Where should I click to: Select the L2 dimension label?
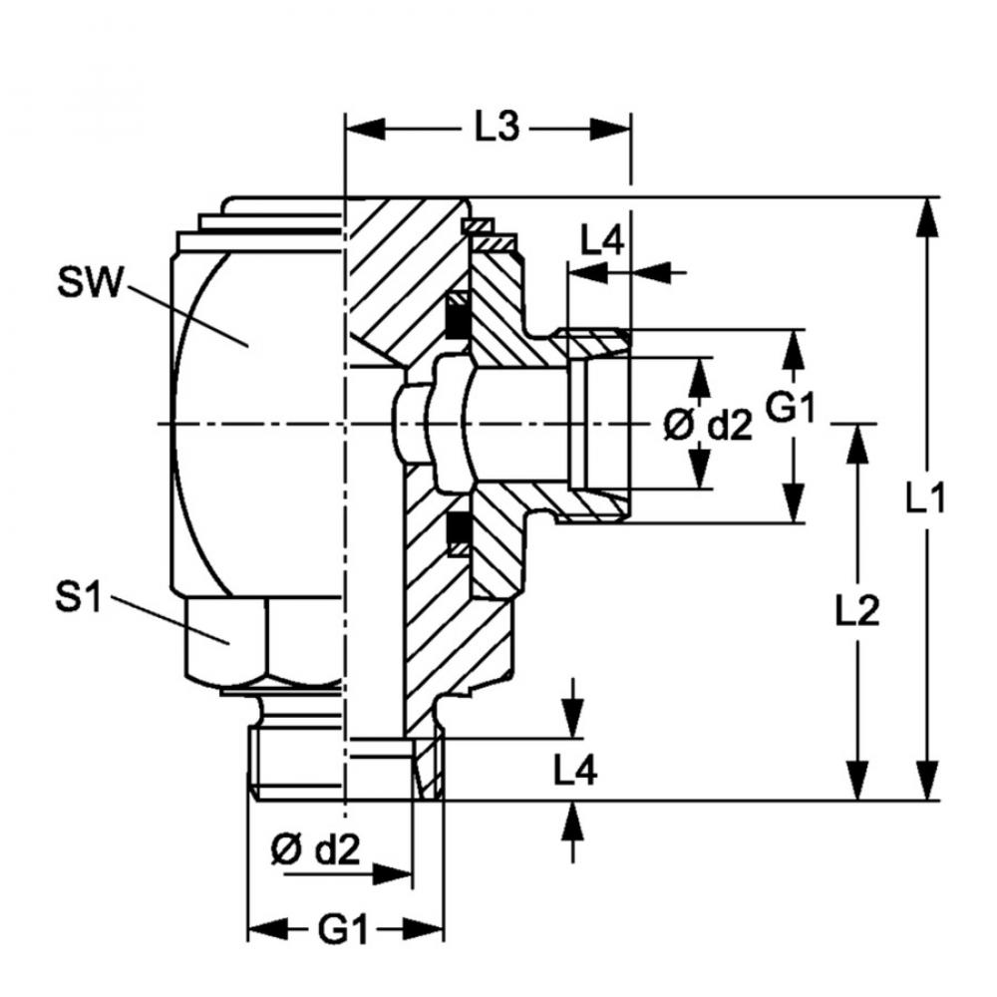point(856,611)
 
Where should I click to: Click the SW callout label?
point(89,282)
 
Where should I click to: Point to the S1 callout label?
point(78,598)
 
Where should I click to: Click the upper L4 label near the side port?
point(602,239)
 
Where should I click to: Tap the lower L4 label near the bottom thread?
point(575,770)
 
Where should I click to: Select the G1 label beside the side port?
point(789,408)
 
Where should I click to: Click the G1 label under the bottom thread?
point(343,932)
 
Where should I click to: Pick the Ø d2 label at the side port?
point(708,426)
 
